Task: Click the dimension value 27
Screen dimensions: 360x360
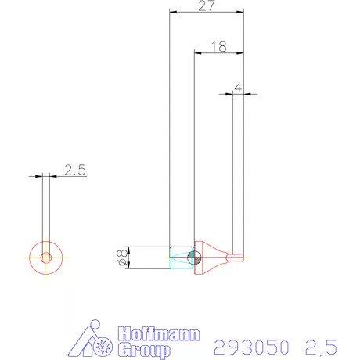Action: (207, 6)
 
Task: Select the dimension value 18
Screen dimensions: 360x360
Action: (218, 47)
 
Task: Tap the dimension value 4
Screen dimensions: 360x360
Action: (238, 88)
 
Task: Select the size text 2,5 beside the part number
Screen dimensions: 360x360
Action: (321, 345)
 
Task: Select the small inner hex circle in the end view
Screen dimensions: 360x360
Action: (46, 257)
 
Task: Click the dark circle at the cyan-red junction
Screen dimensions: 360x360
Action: (195, 256)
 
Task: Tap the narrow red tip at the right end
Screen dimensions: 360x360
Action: (234, 256)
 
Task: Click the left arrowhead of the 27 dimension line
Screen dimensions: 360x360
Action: (173, 13)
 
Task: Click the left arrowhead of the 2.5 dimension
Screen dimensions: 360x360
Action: (39, 177)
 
